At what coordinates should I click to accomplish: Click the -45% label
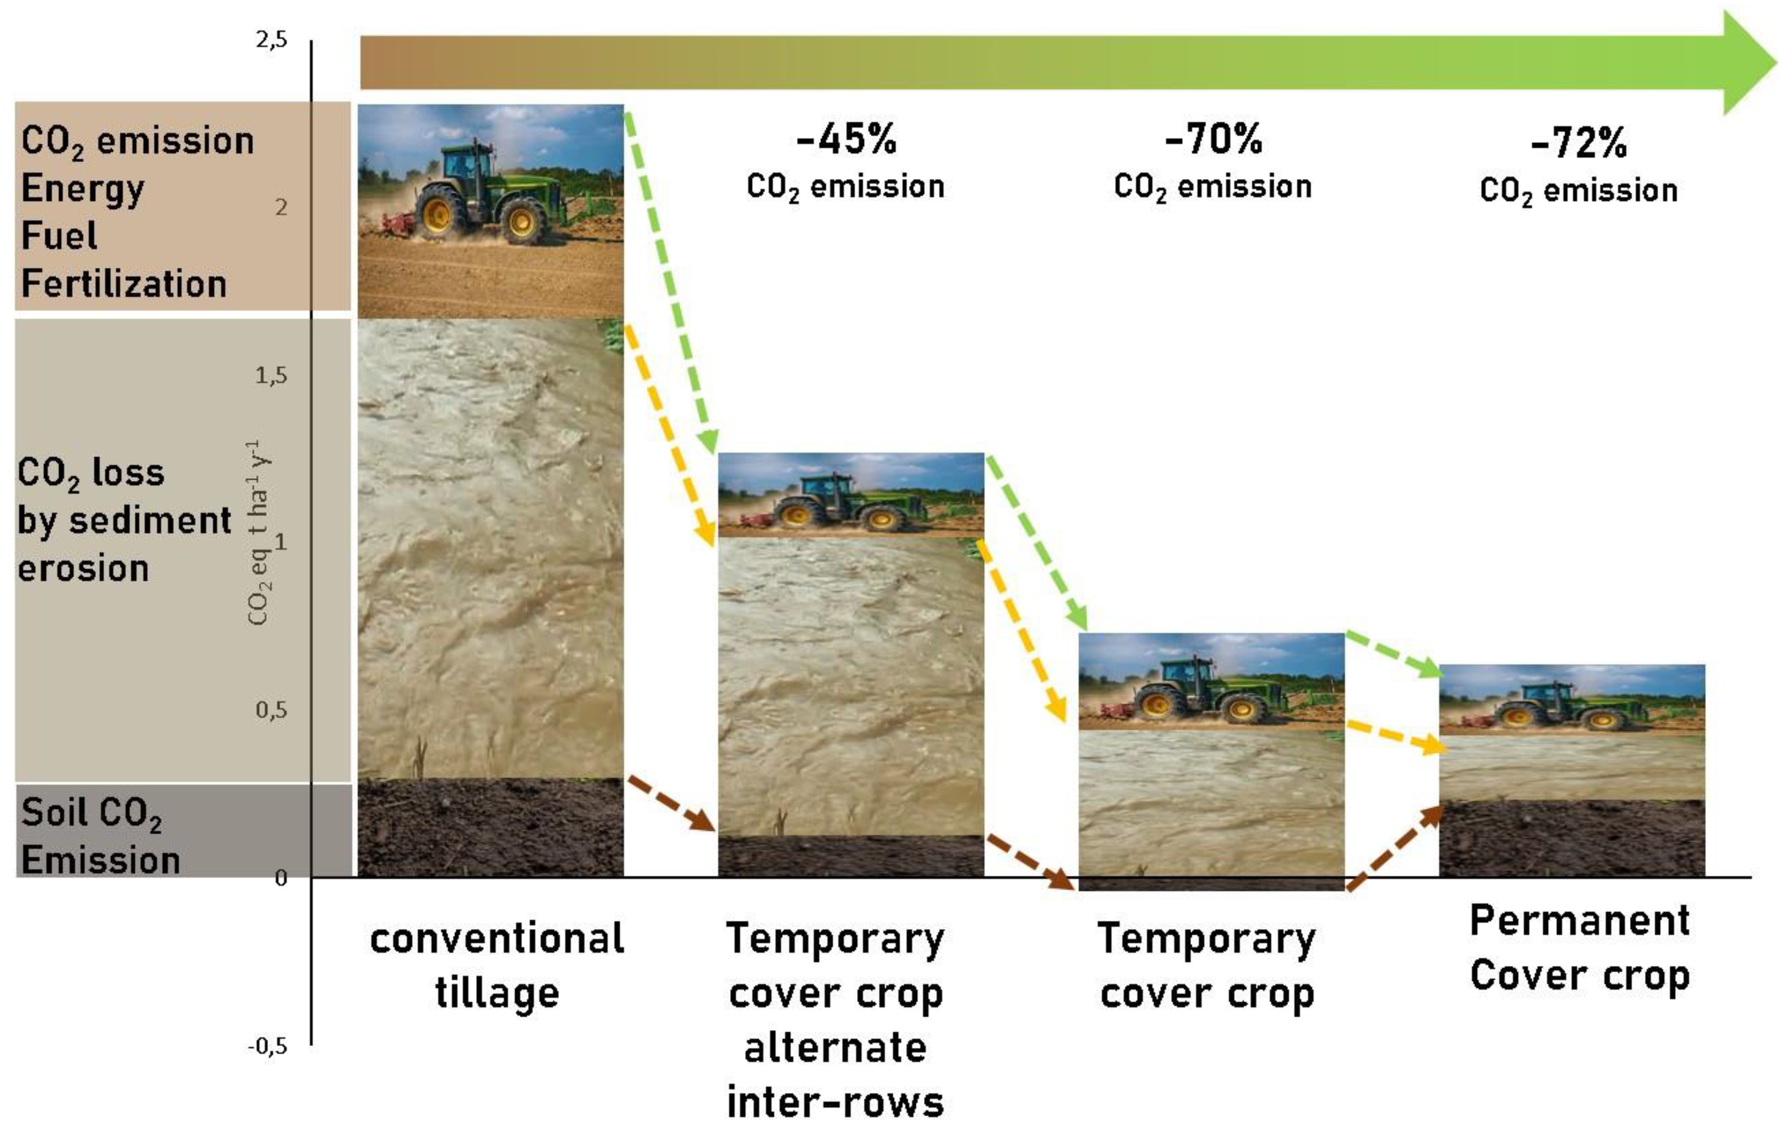pos(846,139)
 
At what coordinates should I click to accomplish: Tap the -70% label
pos(1213,139)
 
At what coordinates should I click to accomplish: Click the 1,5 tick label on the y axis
pos(271,376)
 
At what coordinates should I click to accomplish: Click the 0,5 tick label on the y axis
pos(271,710)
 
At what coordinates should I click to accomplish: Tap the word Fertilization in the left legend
pos(124,284)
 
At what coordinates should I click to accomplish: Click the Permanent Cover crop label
pos(1579,948)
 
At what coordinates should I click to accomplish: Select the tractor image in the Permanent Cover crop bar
pos(1571,701)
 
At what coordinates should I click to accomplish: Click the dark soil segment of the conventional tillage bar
pos(491,827)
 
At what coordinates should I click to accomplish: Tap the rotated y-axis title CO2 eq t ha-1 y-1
pos(258,534)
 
